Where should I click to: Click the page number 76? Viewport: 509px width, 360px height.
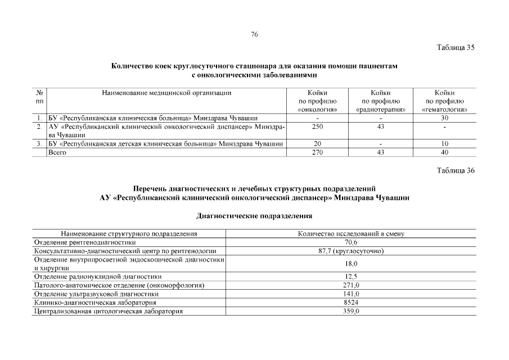(x=254, y=35)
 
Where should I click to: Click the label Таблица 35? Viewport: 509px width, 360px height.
(x=456, y=47)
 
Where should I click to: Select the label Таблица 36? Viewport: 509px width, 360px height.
(x=456, y=171)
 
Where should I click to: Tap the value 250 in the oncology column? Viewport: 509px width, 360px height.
(x=317, y=127)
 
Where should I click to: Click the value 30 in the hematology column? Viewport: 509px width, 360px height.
(x=444, y=118)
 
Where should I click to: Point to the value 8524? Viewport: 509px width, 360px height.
(x=351, y=303)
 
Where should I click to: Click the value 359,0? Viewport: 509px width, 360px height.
(x=351, y=312)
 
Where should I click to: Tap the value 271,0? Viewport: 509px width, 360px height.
(x=351, y=285)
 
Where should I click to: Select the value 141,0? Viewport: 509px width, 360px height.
(x=351, y=294)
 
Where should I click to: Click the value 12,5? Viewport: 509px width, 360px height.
(x=351, y=276)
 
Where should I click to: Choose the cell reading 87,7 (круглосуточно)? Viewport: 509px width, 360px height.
(x=351, y=250)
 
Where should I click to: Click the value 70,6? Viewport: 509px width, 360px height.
(x=351, y=242)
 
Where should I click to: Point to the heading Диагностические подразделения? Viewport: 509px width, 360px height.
(x=254, y=215)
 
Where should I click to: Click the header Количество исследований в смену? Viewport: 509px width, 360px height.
(x=351, y=233)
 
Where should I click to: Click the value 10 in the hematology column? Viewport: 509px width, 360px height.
(x=444, y=145)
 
